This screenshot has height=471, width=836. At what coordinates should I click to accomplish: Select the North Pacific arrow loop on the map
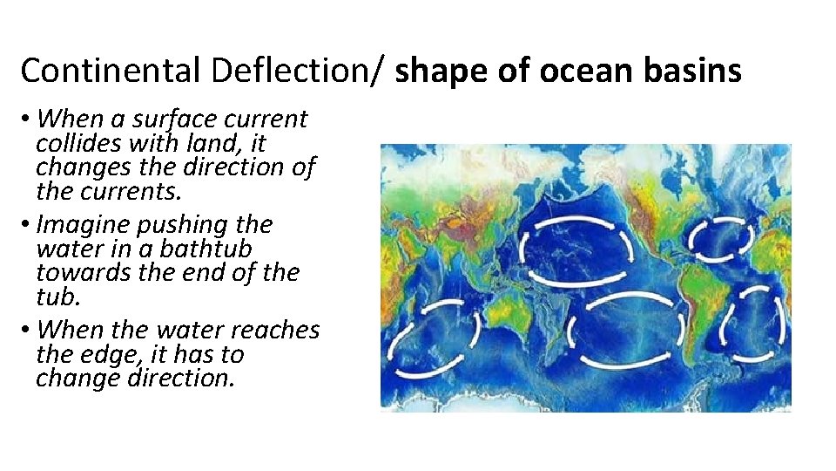click(575, 248)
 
